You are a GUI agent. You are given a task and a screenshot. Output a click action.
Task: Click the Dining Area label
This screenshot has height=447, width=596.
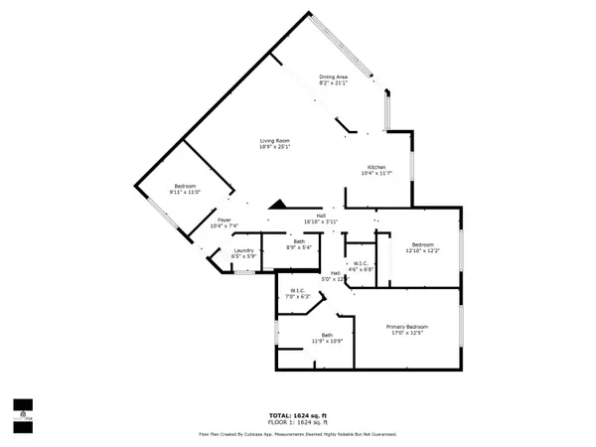point(333,77)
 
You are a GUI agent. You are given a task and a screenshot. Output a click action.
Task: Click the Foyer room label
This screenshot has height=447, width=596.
point(224,222)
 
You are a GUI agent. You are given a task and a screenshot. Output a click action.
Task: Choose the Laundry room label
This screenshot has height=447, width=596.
point(244,250)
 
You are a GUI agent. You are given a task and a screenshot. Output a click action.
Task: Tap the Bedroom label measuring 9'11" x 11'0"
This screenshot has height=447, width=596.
point(187,189)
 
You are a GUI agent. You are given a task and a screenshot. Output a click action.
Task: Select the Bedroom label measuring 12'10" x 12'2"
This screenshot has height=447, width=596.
point(423,244)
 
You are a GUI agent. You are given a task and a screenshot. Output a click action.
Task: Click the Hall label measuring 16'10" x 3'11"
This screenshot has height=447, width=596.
point(322,216)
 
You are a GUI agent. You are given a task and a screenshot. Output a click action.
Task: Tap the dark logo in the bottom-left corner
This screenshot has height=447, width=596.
point(23,407)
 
